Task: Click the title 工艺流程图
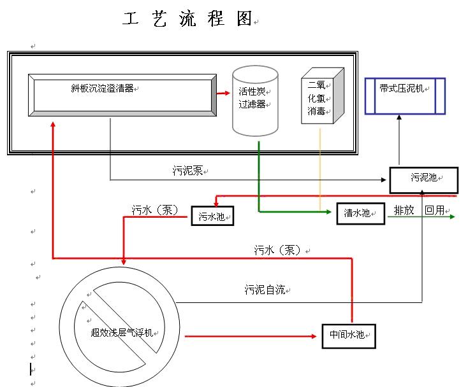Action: (187, 20)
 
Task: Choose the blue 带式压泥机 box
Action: (404, 95)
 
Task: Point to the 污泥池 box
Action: (423, 180)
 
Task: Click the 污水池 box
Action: (212, 216)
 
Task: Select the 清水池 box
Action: (360, 214)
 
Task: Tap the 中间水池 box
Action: (347, 335)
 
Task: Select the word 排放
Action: (404, 210)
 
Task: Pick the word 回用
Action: (435, 210)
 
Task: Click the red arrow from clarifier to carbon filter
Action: (223, 93)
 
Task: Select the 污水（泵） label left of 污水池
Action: (155, 209)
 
